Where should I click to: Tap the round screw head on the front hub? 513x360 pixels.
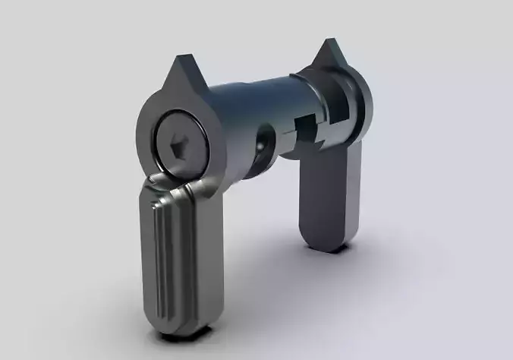178,142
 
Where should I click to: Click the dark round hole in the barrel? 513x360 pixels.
265,141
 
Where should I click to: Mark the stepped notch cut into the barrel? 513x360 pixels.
307,125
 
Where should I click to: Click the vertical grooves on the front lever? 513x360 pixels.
159,258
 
